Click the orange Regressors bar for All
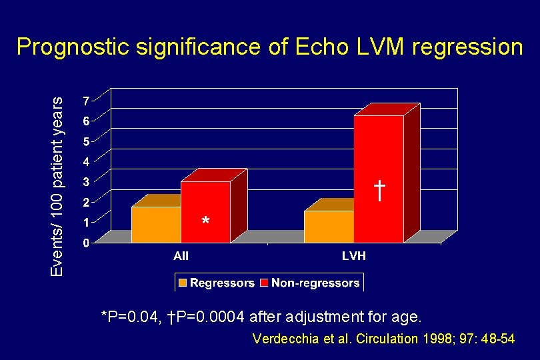[156, 224]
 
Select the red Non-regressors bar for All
[205, 210]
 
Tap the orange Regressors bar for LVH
[329, 226]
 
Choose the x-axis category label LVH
[353, 256]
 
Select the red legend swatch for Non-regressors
[265, 283]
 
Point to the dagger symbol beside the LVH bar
[379, 191]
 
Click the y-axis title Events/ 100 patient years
[59, 185]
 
